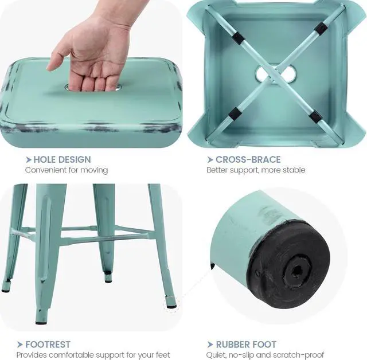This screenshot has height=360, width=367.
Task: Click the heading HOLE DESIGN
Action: [62, 159]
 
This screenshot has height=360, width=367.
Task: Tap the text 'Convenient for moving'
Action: [66, 170]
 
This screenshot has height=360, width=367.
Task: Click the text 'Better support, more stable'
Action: [256, 170]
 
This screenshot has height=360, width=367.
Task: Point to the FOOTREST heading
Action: [48, 345]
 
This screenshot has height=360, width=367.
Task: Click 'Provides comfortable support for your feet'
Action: [93, 355]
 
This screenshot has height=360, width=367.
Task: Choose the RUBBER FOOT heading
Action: [246, 345]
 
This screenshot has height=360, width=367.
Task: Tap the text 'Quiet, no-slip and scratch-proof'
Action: [265, 355]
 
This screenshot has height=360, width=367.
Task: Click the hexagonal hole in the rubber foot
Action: [296, 269]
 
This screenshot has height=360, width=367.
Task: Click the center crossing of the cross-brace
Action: [276, 73]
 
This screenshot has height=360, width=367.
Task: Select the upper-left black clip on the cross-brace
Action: [237, 38]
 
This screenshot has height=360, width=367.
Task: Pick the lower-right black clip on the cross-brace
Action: [315, 117]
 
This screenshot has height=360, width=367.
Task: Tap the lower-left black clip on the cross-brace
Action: [235, 114]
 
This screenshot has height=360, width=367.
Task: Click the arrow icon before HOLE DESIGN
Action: [28, 159]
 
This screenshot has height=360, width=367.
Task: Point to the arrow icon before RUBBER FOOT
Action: [210, 345]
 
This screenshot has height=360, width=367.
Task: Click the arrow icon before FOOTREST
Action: [20, 345]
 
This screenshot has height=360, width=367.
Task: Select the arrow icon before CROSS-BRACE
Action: [210, 159]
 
